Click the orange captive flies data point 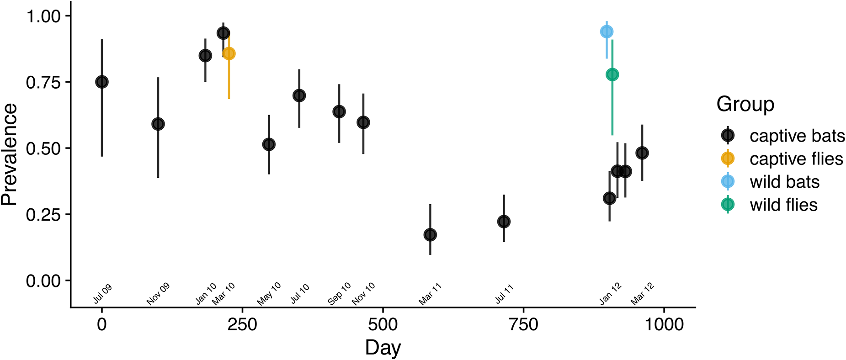pos(229,53)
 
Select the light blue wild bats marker pos(607,32)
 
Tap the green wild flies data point pos(612,74)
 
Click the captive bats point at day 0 pos(102,82)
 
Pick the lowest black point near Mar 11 pos(430,235)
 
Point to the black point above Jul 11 pos(504,222)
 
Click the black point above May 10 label pos(269,144)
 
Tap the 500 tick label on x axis pos(383,324)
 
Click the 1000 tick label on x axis pos(664,324)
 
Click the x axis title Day pos(383,348)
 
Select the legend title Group pos(745,104)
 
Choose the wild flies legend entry pos(783,205)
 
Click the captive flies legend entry pos(796,159)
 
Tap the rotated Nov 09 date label pos(158,294)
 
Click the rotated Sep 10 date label pos(340,294)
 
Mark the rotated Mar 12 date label pos(643,294)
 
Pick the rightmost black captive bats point pos(642,153)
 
